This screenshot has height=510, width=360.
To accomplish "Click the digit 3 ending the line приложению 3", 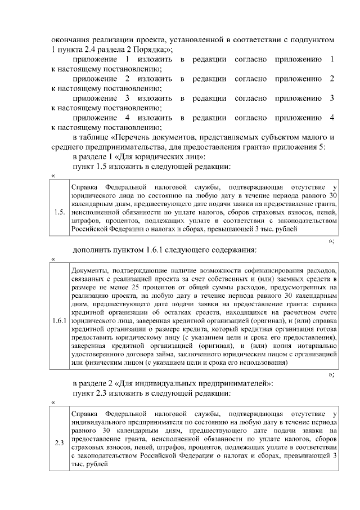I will pyautogui.click(x=332, y=99).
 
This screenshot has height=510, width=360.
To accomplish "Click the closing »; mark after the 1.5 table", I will pyautogui.click(x=331, y=241).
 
